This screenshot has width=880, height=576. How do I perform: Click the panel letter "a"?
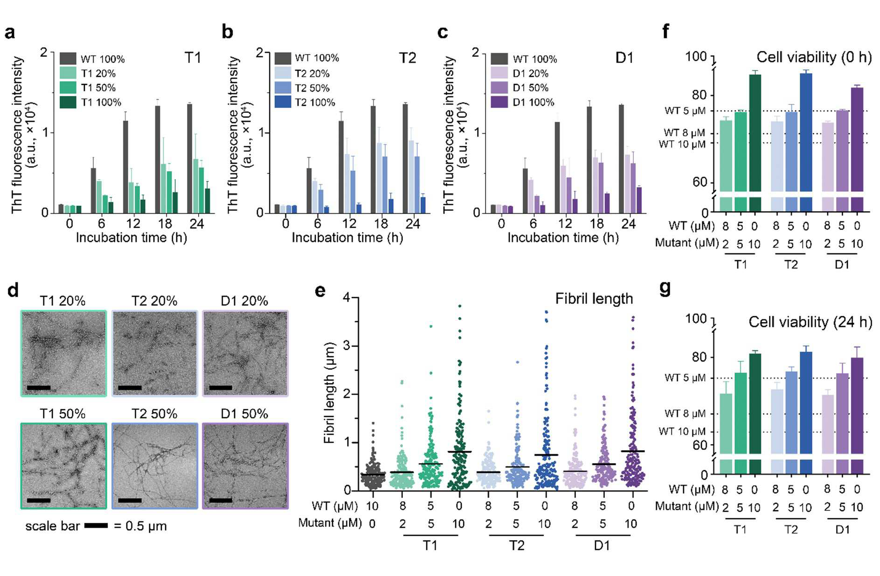pos(10,33)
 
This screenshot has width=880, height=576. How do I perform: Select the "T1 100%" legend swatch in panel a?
pos(68,102)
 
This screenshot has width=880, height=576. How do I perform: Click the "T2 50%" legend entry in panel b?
pos(312,88)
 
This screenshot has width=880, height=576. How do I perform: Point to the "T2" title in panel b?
pos(407,58)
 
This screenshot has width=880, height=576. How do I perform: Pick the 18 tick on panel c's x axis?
pos(596,223)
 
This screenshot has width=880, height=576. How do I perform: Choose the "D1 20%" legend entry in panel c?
pos(530,73)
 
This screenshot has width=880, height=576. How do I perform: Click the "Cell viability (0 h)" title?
pos(814,57)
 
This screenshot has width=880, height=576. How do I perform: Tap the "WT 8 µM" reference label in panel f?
pos(684,133)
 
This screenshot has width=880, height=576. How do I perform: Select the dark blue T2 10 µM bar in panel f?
pos(806,132)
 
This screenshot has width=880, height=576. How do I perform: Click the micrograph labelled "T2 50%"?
pos(155,466)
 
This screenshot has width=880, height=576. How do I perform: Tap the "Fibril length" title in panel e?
pos(594,298)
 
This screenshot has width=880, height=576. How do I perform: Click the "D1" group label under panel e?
pos(602,545)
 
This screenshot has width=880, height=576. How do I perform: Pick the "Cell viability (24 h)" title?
pos(810,322)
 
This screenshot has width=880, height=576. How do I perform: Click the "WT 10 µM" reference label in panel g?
pos(682,431)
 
